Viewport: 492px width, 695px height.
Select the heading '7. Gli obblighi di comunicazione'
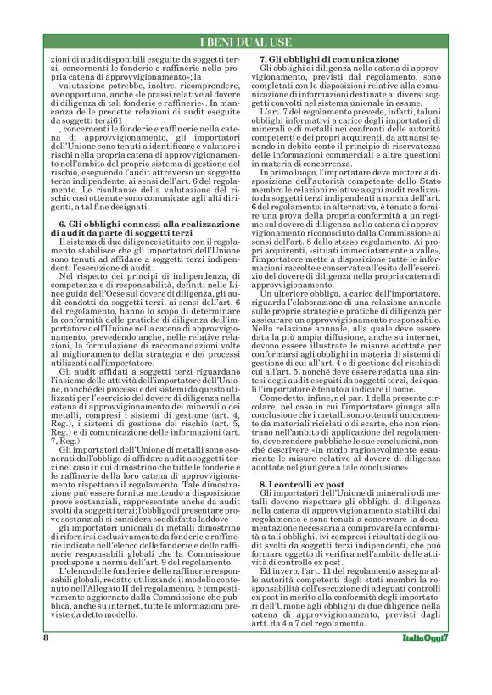pos(328,58)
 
